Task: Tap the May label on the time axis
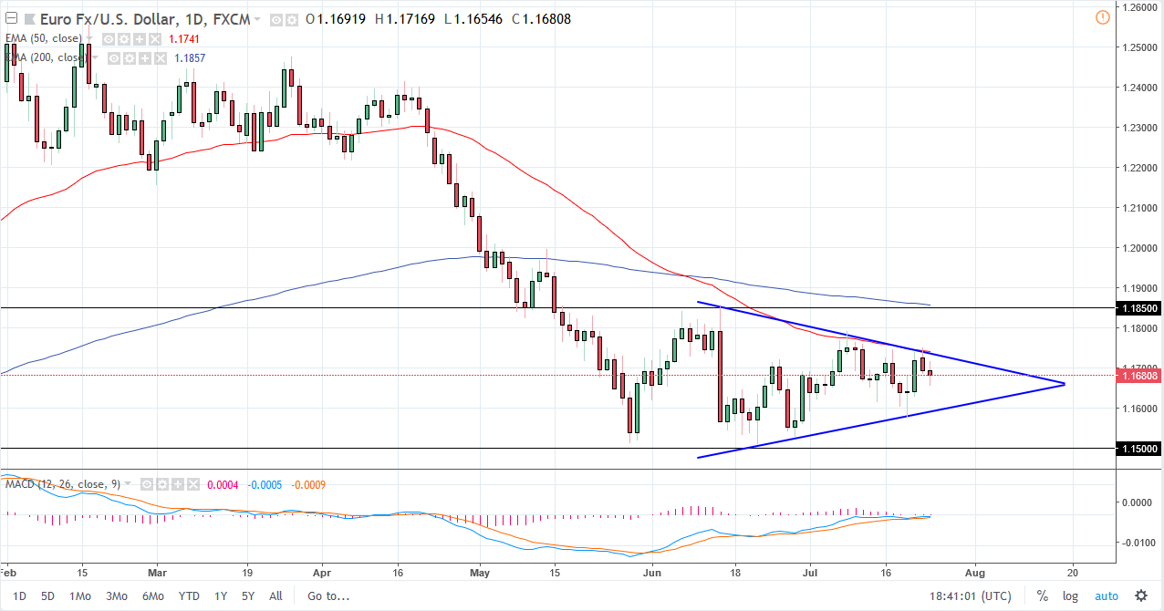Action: [481, 573]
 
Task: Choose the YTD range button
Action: [189, 596]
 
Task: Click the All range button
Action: [275, 596]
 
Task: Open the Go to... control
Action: [328, 596]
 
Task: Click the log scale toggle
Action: [1070, 596]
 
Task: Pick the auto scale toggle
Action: [1106, 596]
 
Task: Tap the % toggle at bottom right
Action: [1042, 596]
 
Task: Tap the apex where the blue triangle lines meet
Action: [1064, 384]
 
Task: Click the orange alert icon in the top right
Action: [1102, 17]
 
